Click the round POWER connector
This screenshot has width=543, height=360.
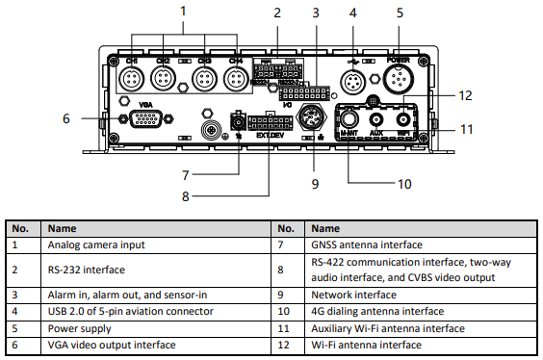coord(399,83)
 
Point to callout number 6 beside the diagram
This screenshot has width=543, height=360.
coord(66,119)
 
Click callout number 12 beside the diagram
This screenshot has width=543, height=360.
coord(465,95)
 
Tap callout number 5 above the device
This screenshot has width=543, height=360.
coord(399,13)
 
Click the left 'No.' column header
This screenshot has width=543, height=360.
coord(21,229)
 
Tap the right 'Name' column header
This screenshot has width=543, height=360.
coord(326,229)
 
